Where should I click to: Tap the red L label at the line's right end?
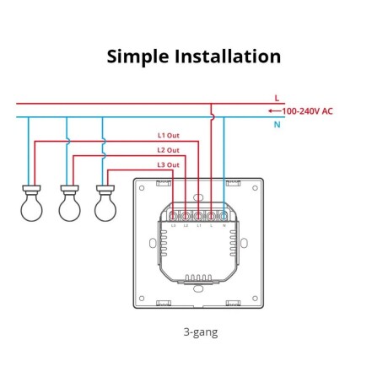[x=276, y=99]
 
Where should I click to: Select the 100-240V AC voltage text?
[x=307, y=111]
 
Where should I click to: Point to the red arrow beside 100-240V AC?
[x=272, y=111]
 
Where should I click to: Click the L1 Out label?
[x=168, y=135]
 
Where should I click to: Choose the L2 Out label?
[x=168, y=150]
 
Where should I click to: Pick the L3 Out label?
[x=168, y=164]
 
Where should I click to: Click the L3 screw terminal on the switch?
[x=173, y=217]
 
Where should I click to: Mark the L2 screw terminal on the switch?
[x=186, y=217]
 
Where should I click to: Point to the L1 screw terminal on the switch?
[x=198, y=217]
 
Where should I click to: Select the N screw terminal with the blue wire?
[x=224, y=217]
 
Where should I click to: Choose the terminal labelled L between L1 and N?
[x=211, y=217]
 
